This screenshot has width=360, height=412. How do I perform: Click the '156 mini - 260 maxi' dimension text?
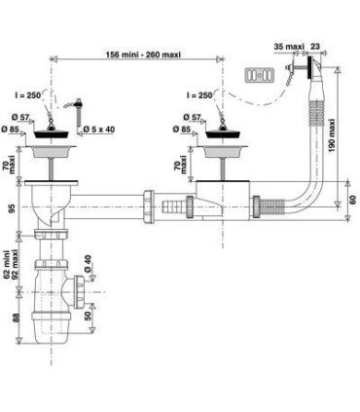coord(143,55)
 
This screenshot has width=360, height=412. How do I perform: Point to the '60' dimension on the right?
coord(353,199)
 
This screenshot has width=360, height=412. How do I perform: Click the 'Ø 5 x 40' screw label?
coord(99,130)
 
